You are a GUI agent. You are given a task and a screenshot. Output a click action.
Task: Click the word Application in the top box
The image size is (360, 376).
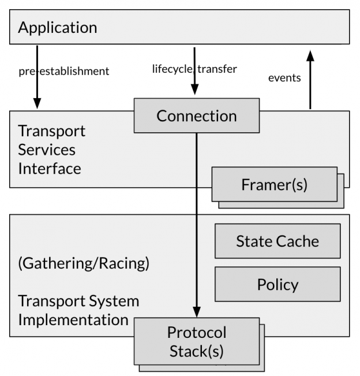[58, 27]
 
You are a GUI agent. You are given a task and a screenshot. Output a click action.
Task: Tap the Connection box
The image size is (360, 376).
[196, 116]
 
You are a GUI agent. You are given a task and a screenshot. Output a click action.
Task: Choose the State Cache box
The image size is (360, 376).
[277, 241]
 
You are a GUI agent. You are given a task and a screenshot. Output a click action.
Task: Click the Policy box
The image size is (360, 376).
[277, 284]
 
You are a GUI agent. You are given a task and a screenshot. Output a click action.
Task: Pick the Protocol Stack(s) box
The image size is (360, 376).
[196, 341]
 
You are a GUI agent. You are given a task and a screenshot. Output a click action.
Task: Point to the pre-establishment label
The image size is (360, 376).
[63, 72]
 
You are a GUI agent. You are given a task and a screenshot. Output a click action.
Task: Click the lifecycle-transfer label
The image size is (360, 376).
[194, 69]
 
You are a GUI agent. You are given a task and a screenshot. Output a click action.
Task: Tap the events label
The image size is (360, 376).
[284, 77]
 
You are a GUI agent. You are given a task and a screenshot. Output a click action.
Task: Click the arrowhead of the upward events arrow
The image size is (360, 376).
[310, 55]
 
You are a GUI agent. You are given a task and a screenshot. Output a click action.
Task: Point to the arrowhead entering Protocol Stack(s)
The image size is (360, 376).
[196, 312]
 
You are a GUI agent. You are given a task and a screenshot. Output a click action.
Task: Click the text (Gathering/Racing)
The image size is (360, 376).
[84, 264]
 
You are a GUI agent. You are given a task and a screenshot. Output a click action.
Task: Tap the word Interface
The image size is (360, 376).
[49, 169]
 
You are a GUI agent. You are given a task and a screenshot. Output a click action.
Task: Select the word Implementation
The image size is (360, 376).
[73, 319]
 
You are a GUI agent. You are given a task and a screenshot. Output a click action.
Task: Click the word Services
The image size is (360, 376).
[47, 150]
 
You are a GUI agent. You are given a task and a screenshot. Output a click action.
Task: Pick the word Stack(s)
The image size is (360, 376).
[196, 351]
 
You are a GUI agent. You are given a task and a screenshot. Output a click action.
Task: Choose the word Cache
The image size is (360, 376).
[298, 241]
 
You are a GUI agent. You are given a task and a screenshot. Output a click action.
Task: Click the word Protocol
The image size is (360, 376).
[196, 333]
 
